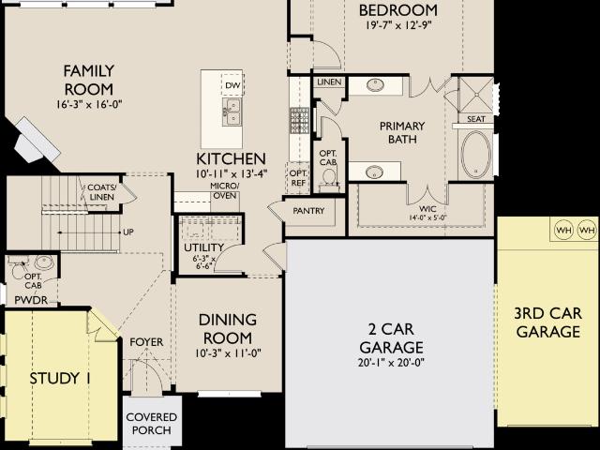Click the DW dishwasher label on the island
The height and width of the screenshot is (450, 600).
tap(232, 85)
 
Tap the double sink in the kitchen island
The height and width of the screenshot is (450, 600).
tap(232, 111)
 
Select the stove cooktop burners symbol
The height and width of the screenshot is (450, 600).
tap(299, 121)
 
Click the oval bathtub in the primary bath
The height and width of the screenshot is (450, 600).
tap(476, 155)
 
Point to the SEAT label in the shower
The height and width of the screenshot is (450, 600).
tap(476, 119)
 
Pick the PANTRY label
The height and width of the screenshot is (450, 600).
tap(308, 211)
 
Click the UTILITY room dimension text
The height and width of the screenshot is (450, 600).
tap(204, 262)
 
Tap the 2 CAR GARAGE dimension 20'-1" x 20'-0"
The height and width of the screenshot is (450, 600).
tap(392, 363)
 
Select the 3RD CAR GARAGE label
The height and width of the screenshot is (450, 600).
tap(547, 322)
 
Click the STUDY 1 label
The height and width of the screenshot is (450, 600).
tap(60, 379)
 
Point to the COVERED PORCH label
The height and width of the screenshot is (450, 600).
tap(152, 424)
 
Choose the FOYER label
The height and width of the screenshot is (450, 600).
tap(146, 342)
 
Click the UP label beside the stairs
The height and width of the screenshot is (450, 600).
tap(128, 232)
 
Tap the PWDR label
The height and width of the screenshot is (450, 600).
tap(31, 300)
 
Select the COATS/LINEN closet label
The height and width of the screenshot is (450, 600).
tap(102, 192)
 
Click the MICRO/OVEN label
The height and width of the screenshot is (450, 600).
tap(225, 190)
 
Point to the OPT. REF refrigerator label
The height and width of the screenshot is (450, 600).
tap(298, 178)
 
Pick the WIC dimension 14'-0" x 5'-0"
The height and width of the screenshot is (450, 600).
tap(427, 217)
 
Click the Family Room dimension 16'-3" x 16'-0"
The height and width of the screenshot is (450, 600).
tap(89, 104)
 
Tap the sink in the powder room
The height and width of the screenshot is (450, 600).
tap(43, 262)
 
